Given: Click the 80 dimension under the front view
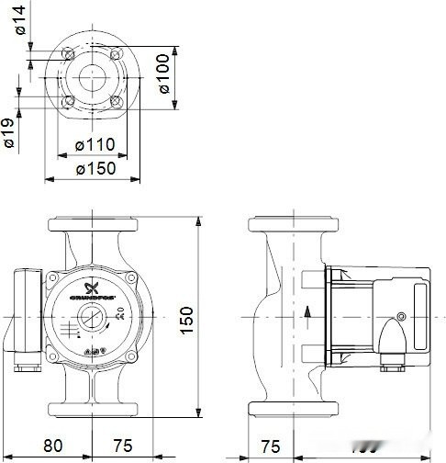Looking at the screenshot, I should (x=52, y=446).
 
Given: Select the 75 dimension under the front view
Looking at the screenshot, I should (x=122, y=446).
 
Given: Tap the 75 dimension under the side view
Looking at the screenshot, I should (x=271, y=446).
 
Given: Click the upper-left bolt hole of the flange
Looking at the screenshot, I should (x=70, y=55).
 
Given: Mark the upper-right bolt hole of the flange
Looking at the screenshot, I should (x=117, y=55).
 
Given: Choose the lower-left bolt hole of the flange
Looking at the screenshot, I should (x=70, y=101).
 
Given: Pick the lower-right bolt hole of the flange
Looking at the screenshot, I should (x=117, y=101).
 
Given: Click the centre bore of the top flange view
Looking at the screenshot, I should (x=94, y=78).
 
